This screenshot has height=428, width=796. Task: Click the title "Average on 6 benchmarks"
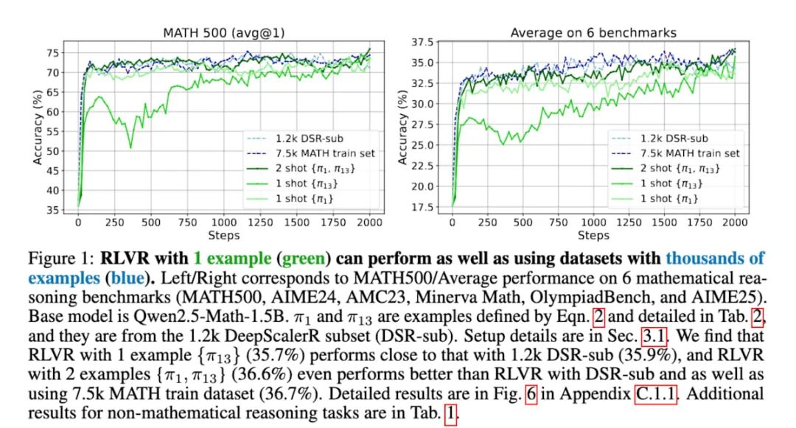click(593, 33)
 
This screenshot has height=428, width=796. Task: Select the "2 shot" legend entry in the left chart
click(302, 168)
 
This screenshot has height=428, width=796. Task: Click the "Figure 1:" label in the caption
click(60, 259)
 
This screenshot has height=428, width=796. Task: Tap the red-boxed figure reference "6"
click(528, 395)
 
